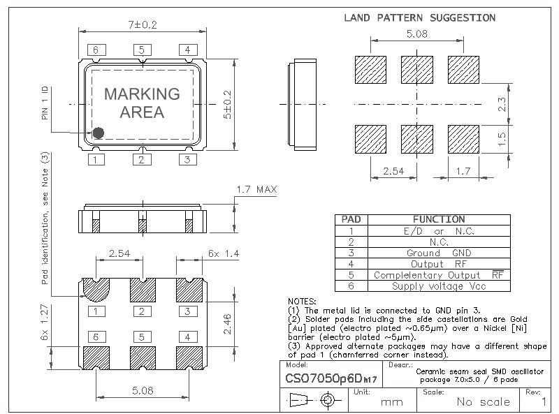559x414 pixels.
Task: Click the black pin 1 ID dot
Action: [99, 132]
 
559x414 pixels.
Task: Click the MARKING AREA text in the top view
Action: [142, 103]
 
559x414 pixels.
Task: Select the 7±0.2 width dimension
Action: [142, 24]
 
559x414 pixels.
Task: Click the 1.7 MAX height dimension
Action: [256, 189]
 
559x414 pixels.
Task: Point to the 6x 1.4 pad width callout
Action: [223, 253]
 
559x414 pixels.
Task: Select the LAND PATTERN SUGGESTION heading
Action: [420, 17]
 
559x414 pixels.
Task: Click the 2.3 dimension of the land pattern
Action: [502, 105]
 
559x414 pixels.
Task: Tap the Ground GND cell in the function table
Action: [438, 253]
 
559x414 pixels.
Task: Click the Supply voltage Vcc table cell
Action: [438, 286]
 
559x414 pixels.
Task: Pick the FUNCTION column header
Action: [438, 219]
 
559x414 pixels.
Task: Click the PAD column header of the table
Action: [351, 219]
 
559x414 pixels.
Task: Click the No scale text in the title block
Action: [484, 401]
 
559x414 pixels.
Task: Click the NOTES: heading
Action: [302, 300]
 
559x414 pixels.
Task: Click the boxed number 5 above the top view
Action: [142, 50]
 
